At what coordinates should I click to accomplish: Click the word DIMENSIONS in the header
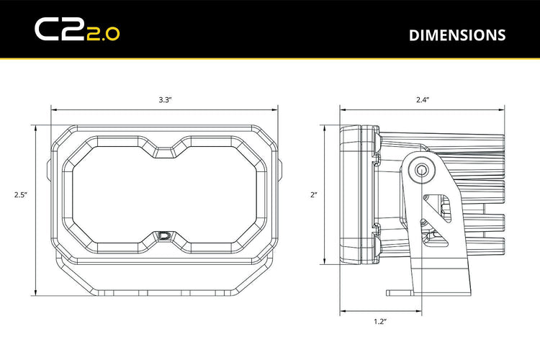coord(456,35)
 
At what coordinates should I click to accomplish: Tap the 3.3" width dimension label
coord(164,101)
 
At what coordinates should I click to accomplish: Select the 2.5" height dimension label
coord(20,194)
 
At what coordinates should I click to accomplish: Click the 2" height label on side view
coord(314,194)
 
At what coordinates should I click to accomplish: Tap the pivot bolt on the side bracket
coord(420,170)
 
